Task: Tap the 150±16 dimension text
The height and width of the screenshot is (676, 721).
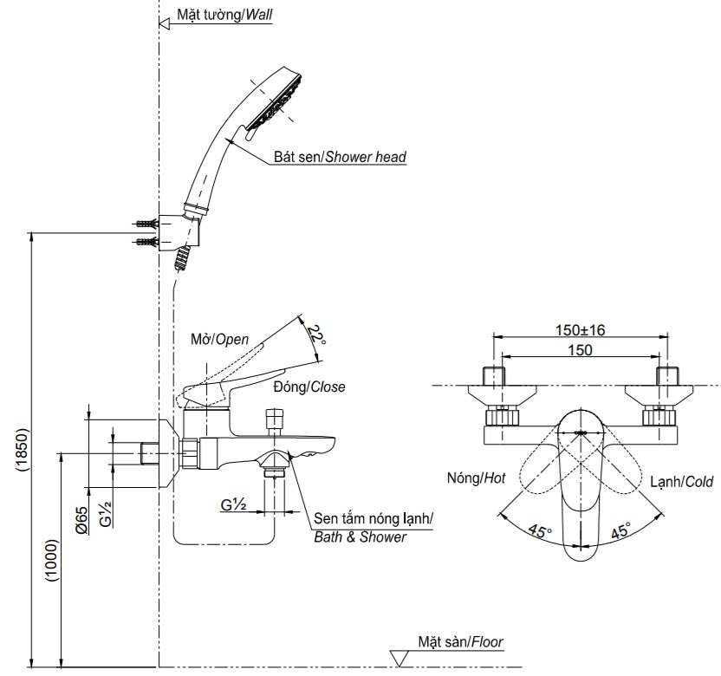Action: click(x=581, y=329)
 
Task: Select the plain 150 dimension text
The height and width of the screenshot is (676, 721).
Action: click(x=581, y=349)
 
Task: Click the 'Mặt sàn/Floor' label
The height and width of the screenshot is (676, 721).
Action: click(x=459, y=641)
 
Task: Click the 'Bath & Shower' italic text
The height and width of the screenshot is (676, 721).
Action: click(x=360, y=537)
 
